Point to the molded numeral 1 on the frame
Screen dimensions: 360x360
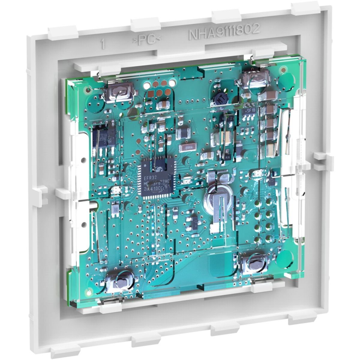coord(103,45)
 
